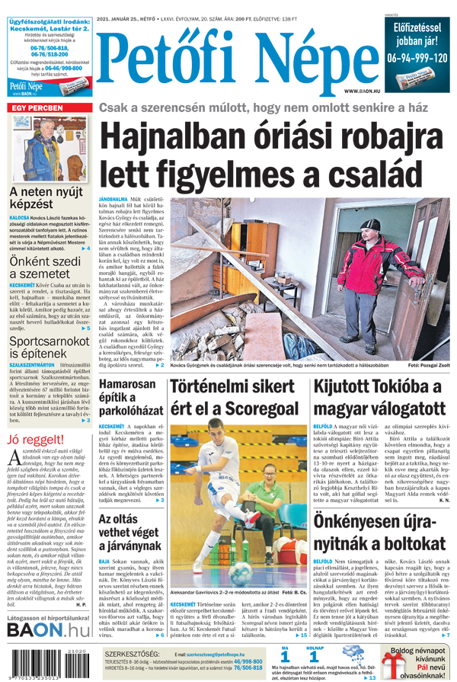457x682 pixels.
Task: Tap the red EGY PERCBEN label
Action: [37, 109]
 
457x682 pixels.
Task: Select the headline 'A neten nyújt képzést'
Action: [46, 197]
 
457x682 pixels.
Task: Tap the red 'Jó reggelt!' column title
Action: [35, 440]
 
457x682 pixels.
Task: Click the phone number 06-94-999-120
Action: [417, 58]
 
